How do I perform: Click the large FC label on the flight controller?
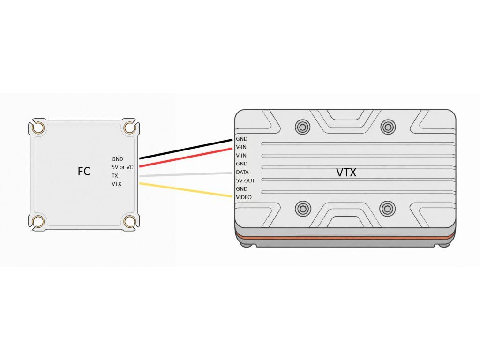[x=84, y=171]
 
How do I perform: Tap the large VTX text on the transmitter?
[x=346, y=172]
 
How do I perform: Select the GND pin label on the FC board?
[x=117, y=159]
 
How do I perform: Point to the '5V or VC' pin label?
[x=122, y=167]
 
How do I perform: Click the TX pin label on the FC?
[x=115, y=176]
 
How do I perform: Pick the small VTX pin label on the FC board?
[x=116, y=184]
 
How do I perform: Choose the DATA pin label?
[x=242, y=172]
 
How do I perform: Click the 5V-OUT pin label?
[x=245, y=180]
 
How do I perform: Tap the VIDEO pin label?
[x=244, y=197]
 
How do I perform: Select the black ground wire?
[x=186, y=150]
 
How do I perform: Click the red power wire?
[x=186, y=157]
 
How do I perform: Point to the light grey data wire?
[x=186, y=174]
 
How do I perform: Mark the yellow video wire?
[x=186, y=190]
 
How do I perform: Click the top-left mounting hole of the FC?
[x=38, y=127]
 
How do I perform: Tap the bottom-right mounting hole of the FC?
[x=130, y=221]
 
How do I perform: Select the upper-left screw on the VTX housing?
[x=302, y=127]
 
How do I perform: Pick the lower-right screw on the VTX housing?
[x=387, y=209]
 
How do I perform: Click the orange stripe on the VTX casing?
[x=345, y=236]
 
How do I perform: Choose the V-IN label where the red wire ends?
[x=241, y=147]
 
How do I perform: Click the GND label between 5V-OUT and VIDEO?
[x=241, y=189]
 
